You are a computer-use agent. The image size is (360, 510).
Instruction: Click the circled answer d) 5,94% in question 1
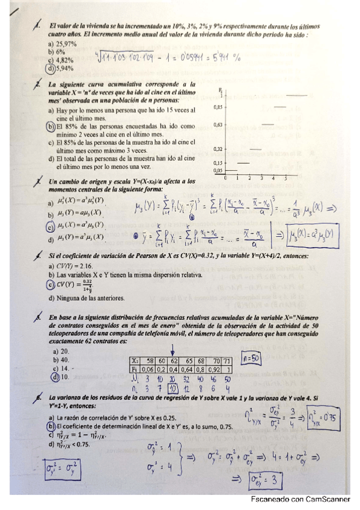[59, 69]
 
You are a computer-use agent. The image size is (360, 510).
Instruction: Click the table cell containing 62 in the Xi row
[172, 361]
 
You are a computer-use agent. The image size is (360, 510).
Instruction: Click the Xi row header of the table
[135, 361]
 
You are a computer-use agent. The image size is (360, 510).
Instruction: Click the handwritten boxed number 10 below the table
[172, 388]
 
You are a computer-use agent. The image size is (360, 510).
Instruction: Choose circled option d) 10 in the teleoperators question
[60, 377]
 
